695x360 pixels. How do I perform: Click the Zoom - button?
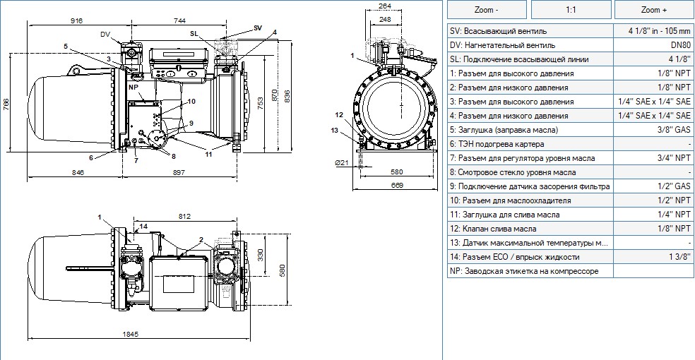point(487,10)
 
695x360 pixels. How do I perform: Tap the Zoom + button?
point(654,10)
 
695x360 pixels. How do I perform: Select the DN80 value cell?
point(654,45)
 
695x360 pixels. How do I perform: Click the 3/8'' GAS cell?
point(654,130)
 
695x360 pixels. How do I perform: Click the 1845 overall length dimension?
point(130,335)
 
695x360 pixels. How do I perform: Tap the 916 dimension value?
point(77,20)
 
